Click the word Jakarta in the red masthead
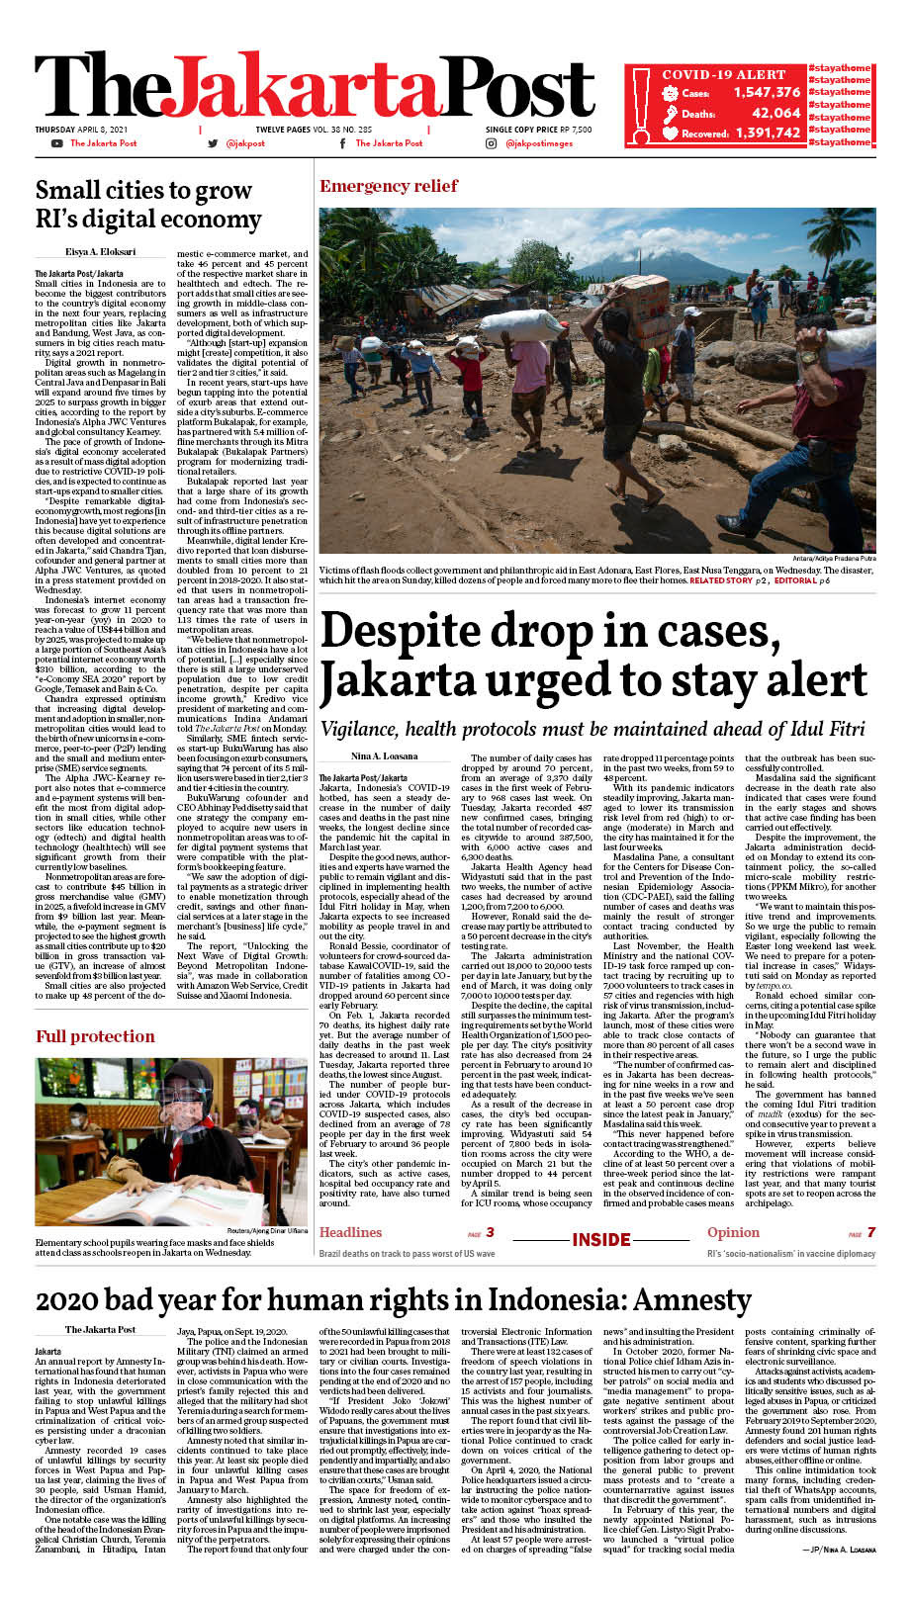(321, 89)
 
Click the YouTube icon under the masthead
(56, 143)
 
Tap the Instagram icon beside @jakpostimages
(491, 143)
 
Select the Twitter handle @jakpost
(245, 143)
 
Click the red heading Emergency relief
(389, 186)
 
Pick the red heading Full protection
(95, 1036)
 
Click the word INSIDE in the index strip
(601, 1240)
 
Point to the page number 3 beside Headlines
(490, 1232)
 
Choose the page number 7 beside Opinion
(870, 1232)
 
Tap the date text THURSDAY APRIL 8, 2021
(82, 130)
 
